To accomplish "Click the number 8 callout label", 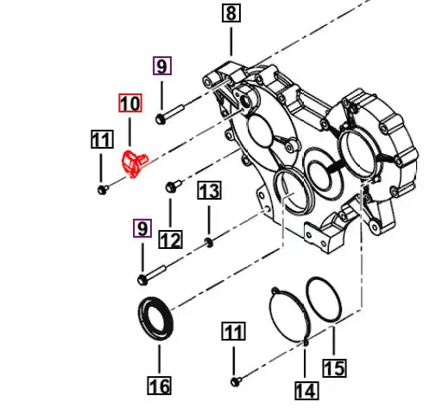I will [231, 14].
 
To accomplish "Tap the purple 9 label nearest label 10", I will [162, 65].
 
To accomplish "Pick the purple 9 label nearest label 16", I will [142, 228].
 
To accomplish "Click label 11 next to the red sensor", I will [102, 140].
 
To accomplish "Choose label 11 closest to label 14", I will [234, 331].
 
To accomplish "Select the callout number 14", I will [306, 391].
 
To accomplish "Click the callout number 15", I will [334, 368].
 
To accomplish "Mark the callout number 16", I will [160, 385].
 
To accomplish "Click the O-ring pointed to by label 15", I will [327, 303].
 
